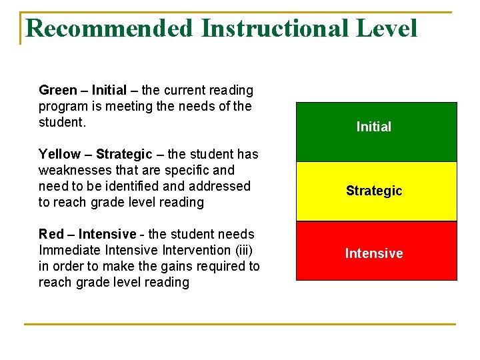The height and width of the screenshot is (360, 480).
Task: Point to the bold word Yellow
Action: pos(59,155)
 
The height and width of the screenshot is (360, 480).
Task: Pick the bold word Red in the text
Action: pos(51,234)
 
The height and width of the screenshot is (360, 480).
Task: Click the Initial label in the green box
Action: pos(374,127)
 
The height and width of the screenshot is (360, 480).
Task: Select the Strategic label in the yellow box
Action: pos(374,191)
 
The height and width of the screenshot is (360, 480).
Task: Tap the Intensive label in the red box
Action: pos(374,253)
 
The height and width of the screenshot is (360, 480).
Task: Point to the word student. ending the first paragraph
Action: pos(63,123)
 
